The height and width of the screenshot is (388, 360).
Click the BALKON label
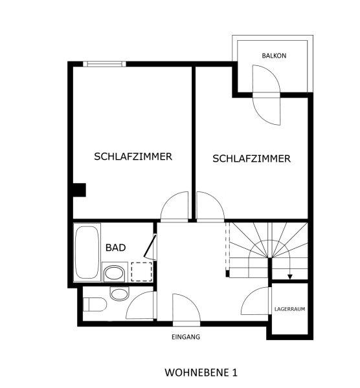click(x=274, y=56)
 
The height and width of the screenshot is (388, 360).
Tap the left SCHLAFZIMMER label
click(x=133, y=156)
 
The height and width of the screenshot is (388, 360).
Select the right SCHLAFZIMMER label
click(x=251, y=158)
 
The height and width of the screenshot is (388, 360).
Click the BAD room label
click(x=115, y=248)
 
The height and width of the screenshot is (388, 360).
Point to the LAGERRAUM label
click(x=289, y=309)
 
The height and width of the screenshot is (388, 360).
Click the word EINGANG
click(x=186, y=337)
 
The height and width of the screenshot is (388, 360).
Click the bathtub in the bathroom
click(x=87, y=252)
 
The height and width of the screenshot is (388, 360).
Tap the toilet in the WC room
click(x=95, y=305)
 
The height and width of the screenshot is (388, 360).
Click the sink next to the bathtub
click(x=114, y=272)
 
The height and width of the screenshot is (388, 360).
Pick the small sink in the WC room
click(x=119, y=294)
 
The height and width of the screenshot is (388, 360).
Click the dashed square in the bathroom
click(x=141, y=272)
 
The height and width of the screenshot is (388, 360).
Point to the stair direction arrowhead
click(x=290, y=277)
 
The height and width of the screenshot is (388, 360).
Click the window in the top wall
click(x=104, y=64)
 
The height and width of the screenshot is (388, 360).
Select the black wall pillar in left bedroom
click(x=80, y=190)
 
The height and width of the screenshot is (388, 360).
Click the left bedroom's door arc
click(x=168, y=199)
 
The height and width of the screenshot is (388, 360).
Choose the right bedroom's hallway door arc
click(x=216, y=199)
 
